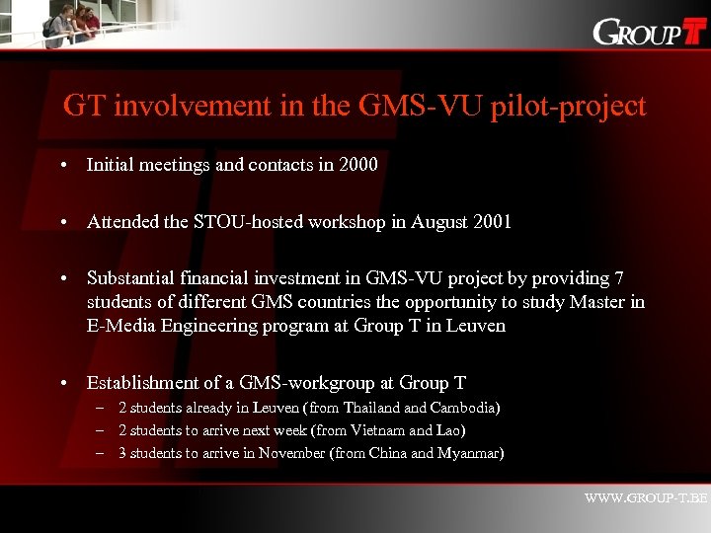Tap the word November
(292, 453)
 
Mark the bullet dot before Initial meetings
(63, 166)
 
